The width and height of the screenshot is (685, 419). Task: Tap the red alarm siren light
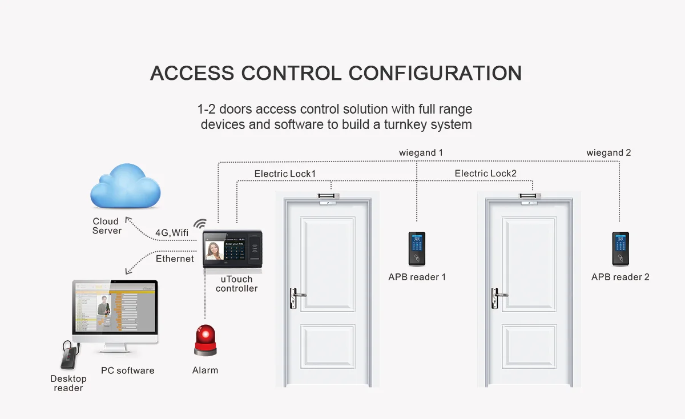click(205, 341)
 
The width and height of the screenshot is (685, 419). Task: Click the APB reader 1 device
click(417, 249)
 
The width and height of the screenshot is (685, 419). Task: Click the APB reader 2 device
click(620, 249)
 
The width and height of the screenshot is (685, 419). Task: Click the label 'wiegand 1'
click(421, 153)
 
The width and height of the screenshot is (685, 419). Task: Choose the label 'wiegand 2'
click(609, 153)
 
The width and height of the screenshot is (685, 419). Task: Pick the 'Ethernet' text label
click(175, 259)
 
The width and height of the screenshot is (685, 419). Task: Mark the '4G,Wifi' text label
click(172, 233)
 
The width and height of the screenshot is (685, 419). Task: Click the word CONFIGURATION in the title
click(435, 74)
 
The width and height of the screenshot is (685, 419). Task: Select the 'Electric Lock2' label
click(486, 174)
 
